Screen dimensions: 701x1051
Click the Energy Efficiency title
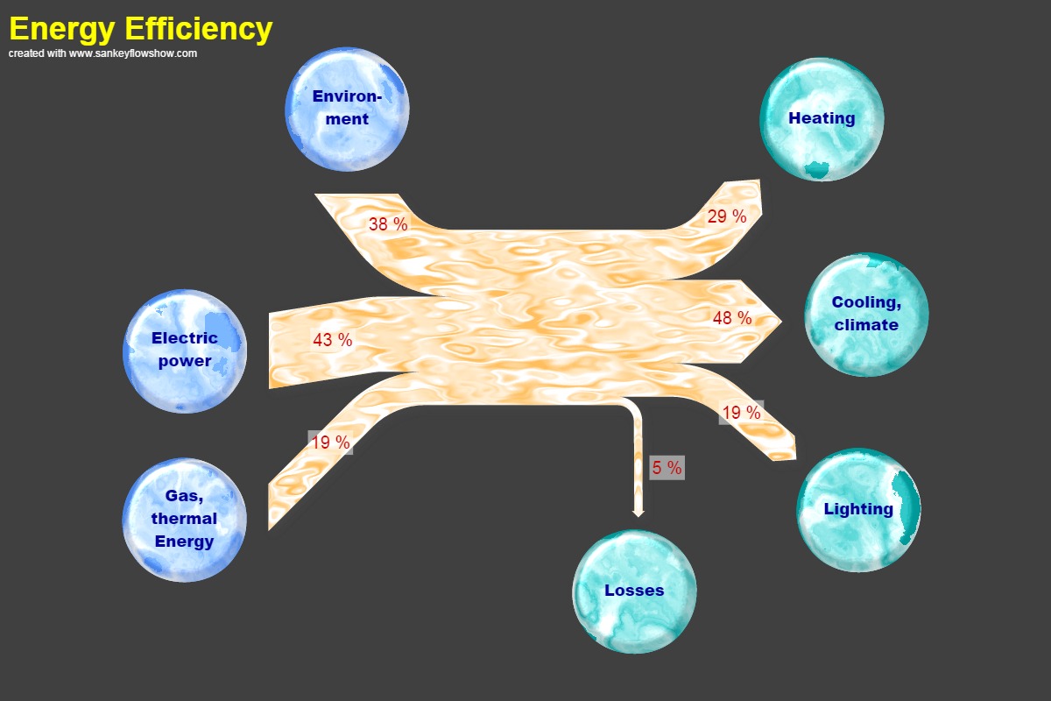click(x=140, y=29)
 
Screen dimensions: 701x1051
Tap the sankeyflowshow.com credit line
click(x=102, y=53)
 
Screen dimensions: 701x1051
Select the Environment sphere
click(x=347, y=109)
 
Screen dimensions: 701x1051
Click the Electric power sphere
click(x=185, y=350)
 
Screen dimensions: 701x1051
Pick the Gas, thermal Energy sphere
click(x=184, y=520)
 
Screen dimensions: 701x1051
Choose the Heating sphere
click(x=822, y=119)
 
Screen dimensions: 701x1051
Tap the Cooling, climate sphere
click(x=866, y=315)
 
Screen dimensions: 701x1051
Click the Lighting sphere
click(x=858, y=510)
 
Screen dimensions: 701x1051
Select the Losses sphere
click(x=634, y=591)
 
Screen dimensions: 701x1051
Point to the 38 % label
click(x=388, y=224)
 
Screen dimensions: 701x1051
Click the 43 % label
click(x=333, y=340)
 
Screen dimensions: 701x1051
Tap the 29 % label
click(x=727, y=216)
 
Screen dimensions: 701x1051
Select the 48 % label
click(x=732, y=318)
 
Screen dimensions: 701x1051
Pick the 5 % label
click(x=667, y=468)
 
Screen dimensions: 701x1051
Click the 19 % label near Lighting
click(x=741, y=413)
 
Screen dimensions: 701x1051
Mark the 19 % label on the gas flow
click(x=330, y=443)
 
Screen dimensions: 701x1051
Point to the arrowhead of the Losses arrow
click(x=638, y=512)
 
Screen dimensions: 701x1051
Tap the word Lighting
click(x=858, y=509)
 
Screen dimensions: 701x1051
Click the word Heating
click(x=822, y=118)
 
